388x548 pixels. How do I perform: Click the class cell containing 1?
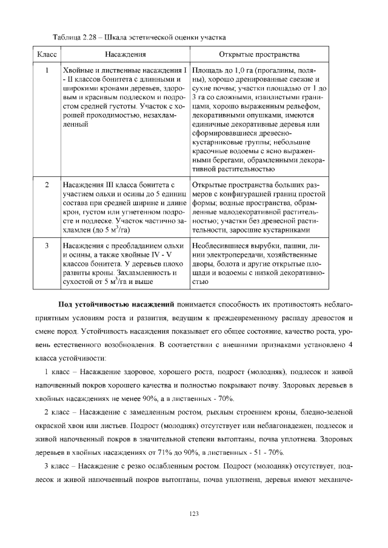(x=47, y=70)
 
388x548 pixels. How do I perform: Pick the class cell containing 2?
(x=47, y=184)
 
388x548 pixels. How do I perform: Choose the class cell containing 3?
(x=47, y=246)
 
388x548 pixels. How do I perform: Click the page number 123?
(x=194, y=514)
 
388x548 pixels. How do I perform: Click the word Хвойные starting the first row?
(x=79, y=70)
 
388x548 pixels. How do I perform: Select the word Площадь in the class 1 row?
(x=207, y=70)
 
